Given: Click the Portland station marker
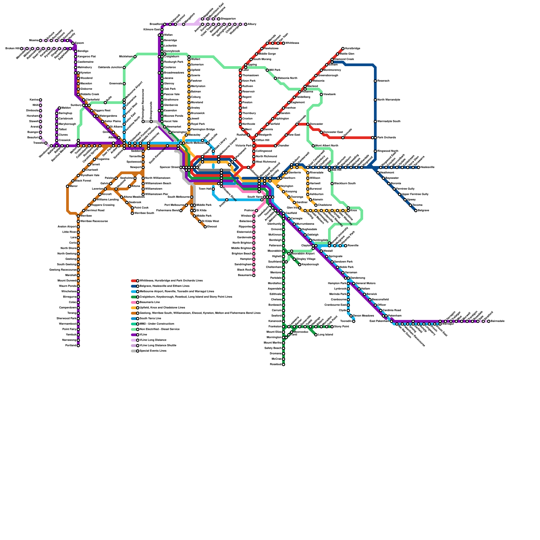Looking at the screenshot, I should (x=78, y=346).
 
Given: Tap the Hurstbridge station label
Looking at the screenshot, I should (x=352, y=49).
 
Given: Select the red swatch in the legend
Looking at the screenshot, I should (x=134, y=281).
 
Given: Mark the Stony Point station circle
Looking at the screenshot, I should (x=332, y=327).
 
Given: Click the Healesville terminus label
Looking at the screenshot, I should (x=427, y=167).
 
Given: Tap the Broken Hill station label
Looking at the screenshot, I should (x=12, y=49).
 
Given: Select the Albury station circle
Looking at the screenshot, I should (x=246, y=24).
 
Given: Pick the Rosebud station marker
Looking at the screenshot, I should (x=283, y=364).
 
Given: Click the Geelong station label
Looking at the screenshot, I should (x=71, y=259).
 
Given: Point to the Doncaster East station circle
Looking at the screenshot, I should (x=321, y=132).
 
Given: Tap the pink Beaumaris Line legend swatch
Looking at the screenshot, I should (x=134, y=302).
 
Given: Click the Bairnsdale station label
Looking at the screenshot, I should (x=497, y=321).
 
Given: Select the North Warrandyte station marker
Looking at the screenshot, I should (x=375, y=100).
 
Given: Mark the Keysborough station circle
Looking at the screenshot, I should (x=300, y=265).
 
